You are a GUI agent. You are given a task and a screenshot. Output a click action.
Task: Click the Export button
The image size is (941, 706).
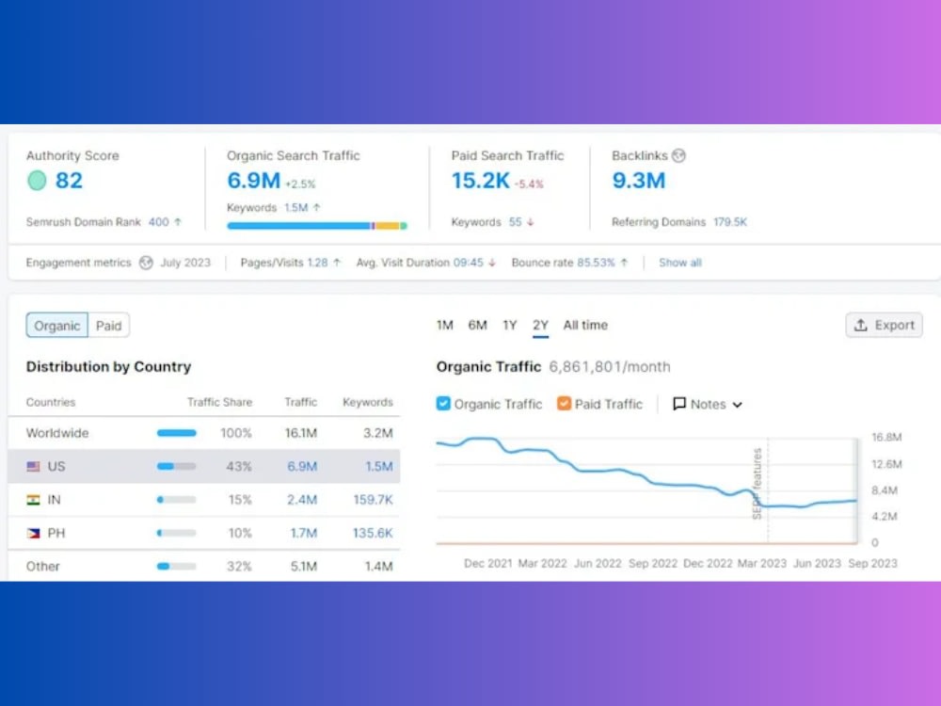[x=884, y=325]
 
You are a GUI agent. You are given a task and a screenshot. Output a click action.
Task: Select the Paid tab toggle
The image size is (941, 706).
[x=108, y=326]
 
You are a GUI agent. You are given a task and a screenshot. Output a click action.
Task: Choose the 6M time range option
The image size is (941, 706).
[x=478, y=325]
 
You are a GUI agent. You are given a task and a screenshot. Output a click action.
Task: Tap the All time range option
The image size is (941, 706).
[x=585, y=325]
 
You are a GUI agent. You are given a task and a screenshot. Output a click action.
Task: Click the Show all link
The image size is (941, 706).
[x=680, y=263]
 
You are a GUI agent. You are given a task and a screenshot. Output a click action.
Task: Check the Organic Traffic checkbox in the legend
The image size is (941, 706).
[x=443, y=404]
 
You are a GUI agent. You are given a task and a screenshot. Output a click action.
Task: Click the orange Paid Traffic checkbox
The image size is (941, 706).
[x=564, y=404]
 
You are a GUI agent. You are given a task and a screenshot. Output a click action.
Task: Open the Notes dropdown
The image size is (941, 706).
[x=708, y=404]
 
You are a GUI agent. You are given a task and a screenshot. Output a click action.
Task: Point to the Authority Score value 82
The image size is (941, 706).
[x=69, y=180]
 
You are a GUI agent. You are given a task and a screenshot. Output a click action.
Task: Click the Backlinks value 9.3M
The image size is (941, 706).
[x=639, y=180]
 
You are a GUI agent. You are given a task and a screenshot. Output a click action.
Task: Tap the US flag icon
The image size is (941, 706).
[x=34, y=467]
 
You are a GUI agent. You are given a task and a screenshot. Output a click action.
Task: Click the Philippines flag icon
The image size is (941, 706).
[x=34, y=533]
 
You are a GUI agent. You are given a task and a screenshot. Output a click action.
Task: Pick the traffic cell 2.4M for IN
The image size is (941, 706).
[x=302, y=500]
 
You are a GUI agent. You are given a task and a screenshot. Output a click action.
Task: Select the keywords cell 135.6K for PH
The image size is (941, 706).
[x=373, y=533]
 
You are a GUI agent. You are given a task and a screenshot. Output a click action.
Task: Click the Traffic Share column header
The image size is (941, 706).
[x=219, y=402]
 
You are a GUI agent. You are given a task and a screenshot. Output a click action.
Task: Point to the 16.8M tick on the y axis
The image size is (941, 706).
[x=886, y=437]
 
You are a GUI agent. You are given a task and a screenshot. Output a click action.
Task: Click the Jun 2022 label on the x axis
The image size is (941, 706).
[x=598, y=563]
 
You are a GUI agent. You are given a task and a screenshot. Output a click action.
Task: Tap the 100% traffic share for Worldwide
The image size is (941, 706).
[x=236, y=433]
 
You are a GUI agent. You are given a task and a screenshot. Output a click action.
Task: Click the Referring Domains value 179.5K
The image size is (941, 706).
[x=730, y=222]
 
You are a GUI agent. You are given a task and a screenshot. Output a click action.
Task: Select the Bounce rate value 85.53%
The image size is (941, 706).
[x=596, y=263]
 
